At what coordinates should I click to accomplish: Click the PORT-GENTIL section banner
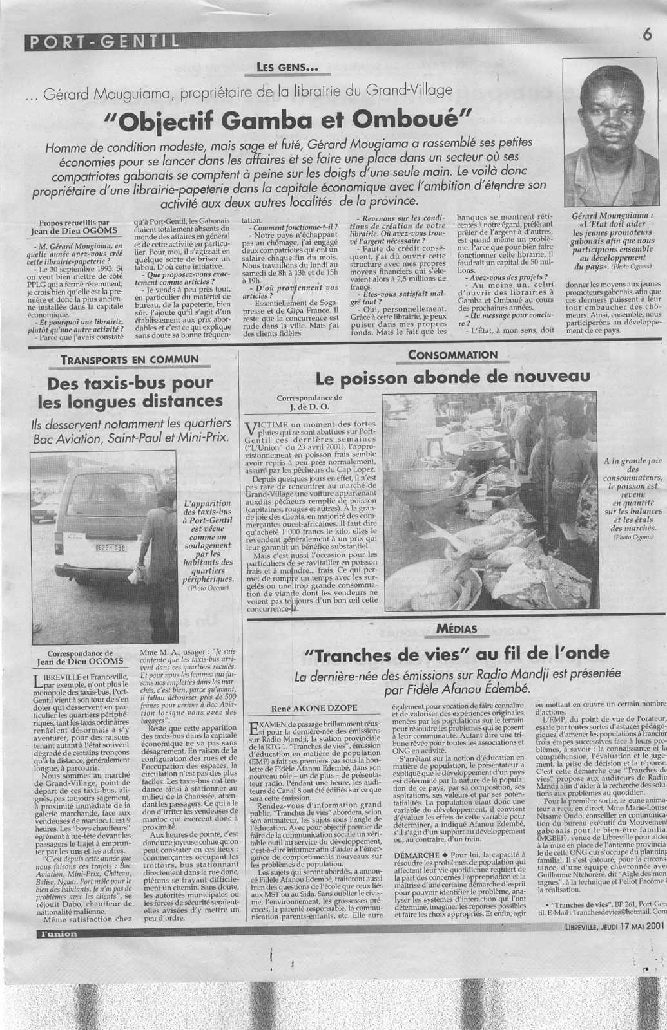click(103, 42)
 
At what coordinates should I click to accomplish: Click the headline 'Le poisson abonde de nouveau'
click(452, 377)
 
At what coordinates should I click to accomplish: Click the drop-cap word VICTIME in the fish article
click(266, 425)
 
